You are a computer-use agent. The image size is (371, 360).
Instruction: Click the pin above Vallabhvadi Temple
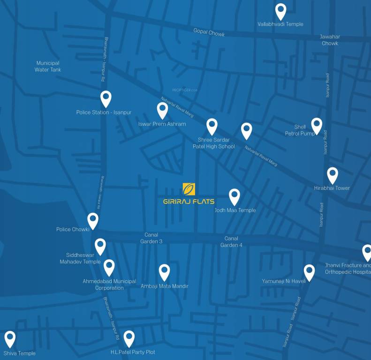point(280,11)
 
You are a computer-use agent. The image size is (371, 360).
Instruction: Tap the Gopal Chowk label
point(209,33)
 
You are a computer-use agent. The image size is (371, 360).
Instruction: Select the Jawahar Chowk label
point(330,40)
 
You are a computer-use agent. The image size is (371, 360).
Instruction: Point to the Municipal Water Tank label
point(48,66)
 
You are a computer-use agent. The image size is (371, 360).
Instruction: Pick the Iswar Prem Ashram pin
point(162,110)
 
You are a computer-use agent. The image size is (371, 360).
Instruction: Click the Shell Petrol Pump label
point(300,130)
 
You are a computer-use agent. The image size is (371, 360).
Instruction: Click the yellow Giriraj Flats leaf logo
point(189,189)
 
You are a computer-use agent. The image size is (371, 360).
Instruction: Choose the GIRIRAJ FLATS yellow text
point(189,202)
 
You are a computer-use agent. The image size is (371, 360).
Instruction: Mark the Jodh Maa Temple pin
point(234,196)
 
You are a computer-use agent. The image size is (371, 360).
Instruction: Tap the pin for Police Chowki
point(93,220)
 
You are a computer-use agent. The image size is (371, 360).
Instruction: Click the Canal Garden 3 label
point(151,238)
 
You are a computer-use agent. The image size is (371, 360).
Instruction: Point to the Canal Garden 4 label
point(231,241)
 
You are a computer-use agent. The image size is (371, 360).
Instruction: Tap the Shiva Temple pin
point(10,338)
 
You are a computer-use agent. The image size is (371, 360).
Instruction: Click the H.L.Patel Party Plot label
point(133,352)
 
